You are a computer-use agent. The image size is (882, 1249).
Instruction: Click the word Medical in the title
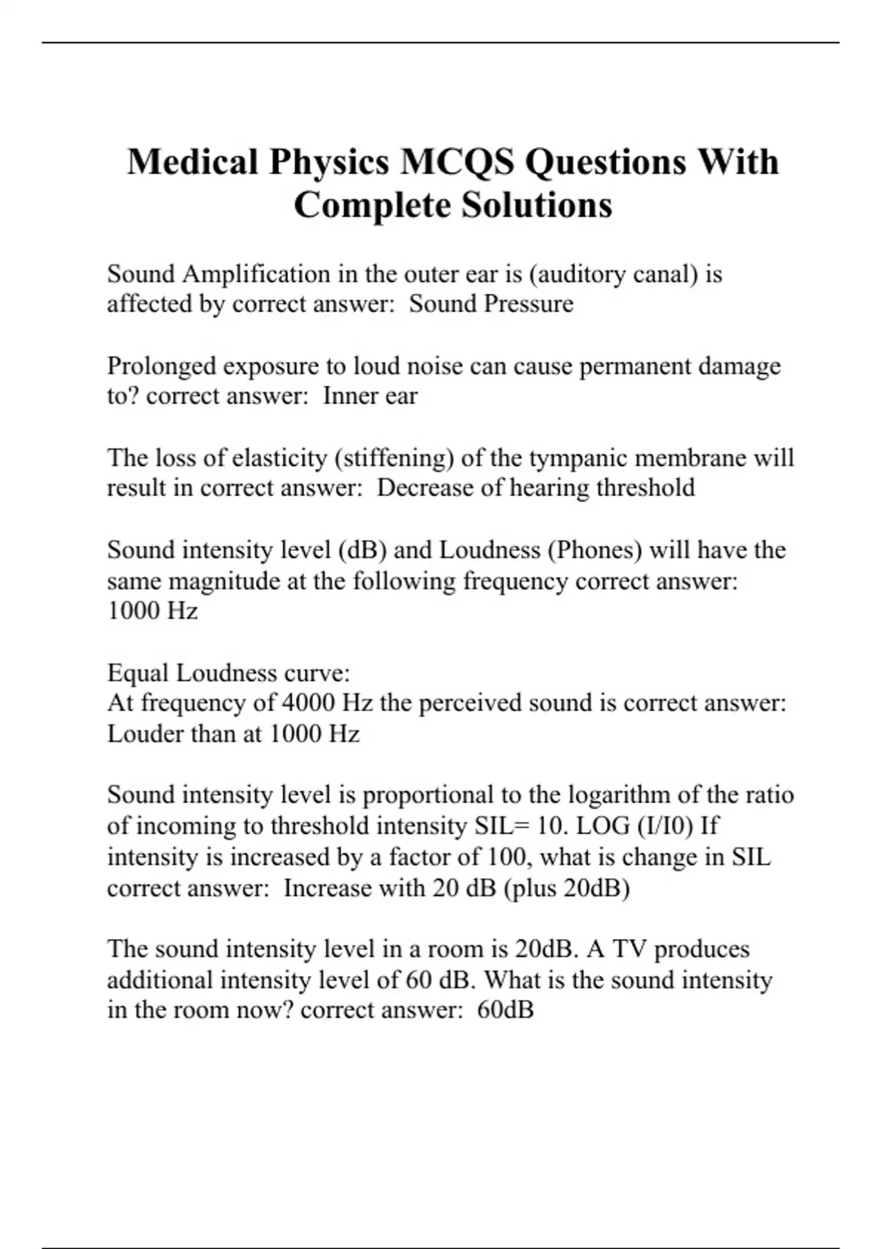pyautogui.click(x=192, y=162)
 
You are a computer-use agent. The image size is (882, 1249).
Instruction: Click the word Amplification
pyautogui.click(x=256, y=275)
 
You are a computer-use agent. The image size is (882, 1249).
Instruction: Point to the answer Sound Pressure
pyautogui.click(x=491, y=304)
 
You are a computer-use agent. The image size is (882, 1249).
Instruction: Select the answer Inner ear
pyautogui.click(x=370, y=397)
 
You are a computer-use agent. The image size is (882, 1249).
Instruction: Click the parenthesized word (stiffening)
pyautogui.click(x=393, y=458)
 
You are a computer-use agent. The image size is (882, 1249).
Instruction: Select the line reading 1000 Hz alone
pyautogui.click(x=152, y=611)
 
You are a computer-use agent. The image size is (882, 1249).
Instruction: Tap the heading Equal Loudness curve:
pyautogui.click(x=229, y=673)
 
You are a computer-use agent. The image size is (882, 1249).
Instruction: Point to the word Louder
pyautogui.click(x=146, y=734)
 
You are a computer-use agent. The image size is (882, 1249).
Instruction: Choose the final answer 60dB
pyautogui.click(x=505, y=1010)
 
